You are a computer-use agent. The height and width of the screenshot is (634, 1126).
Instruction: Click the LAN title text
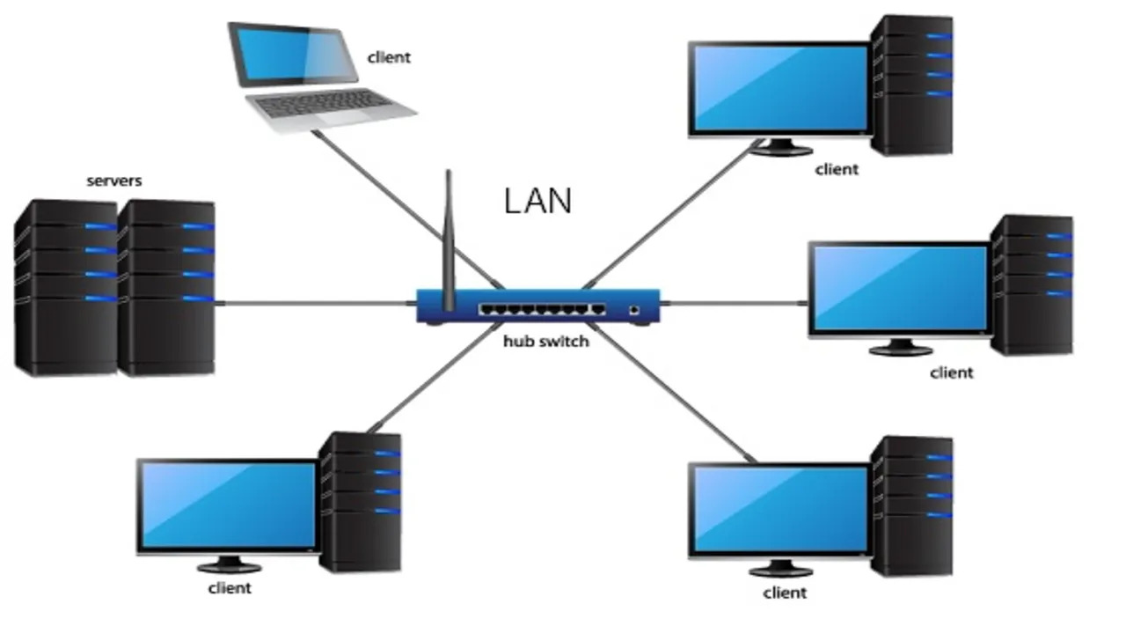pyautogui.click(x=537, y=201)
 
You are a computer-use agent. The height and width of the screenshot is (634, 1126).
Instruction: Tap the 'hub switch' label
pyautogui.click(x=545, y=341)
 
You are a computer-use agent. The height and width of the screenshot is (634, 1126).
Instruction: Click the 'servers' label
pyautogui.click(x=113, y=181)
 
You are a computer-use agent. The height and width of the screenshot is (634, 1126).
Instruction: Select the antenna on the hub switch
pyautogui.click(x=448, y=238)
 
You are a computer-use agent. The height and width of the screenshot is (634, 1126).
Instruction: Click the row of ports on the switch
pyautogui.click(x=542, y=310)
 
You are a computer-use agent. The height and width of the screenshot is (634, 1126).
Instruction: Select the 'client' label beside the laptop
pyautogui.click(x=388, y=57)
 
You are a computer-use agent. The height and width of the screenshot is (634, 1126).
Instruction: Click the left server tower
pyautogui.click(x=66, y=286)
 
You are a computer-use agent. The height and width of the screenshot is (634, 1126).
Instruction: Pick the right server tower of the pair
pyautogui.click(x=167, y=286)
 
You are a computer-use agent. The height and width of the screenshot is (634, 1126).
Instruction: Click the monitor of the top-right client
pyautogui.click(x=779, y=88)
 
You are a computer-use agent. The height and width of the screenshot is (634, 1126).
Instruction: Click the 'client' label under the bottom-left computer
pyautogui.click(x=230, y=587)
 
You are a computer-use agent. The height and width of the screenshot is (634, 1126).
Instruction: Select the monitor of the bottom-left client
pyautogui.click(x=228, y=505)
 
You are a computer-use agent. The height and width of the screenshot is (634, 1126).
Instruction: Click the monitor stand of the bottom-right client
pyautogui.click(x=779, y=568)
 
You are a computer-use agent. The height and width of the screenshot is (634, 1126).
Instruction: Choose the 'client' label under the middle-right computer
pyautogui.click(x=952, y=372)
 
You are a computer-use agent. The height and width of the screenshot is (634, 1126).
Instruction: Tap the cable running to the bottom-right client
pyautogui.click(x=677, y=396)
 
